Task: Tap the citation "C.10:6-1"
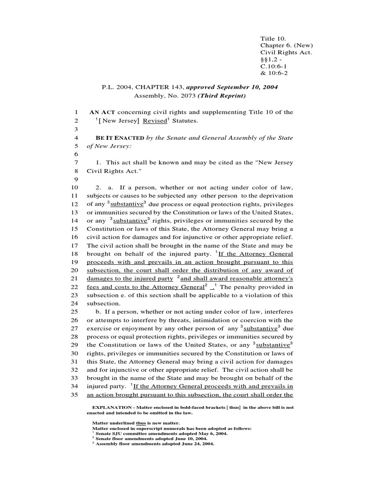(x=274, y=66)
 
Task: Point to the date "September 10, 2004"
(x=248, y=87)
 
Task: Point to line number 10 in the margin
(x=74, y=187)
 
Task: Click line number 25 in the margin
(x=74, y=312)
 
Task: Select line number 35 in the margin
(x=74, y=395)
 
